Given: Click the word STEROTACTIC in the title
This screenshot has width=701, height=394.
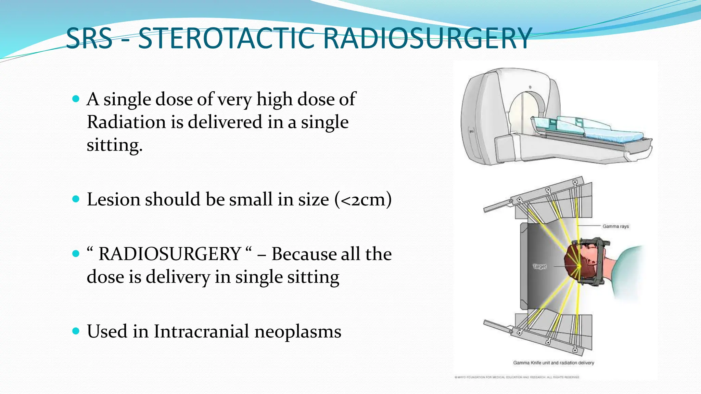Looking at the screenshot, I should [x=226, y=38].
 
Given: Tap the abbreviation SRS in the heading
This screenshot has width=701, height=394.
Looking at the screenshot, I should [x=89, y=38].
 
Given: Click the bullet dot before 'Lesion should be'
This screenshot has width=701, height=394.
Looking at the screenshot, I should [x=76, y=199].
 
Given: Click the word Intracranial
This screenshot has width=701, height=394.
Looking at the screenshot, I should [x=201, y=331].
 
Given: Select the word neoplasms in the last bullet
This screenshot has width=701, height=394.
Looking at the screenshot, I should [x=298, y=332].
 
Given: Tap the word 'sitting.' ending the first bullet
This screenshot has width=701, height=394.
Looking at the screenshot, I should [x=114, y=145].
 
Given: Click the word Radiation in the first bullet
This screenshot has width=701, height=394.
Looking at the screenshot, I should [x=126, y=122].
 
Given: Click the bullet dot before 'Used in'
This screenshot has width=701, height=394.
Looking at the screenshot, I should [x=76, y=331].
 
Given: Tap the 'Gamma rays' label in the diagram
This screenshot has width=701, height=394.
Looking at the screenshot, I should [x=615, y=226].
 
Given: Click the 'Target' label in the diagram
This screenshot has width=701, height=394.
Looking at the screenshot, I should [x=540, y=266].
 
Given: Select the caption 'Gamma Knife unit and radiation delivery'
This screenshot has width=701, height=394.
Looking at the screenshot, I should [x=553, y=363].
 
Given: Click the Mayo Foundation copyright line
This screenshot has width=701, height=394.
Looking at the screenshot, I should [x=517, y=377].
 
